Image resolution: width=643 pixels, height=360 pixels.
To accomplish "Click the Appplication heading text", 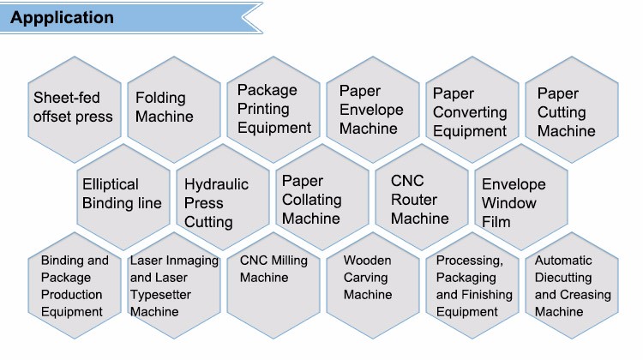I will (x=62, y=17).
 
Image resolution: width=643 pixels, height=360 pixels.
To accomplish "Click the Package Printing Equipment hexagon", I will (x=274, y=108).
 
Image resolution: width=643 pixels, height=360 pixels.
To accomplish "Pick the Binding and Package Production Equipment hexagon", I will (x=75, y=285).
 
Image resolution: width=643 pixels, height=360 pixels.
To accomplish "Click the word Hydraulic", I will (x=216, y=184).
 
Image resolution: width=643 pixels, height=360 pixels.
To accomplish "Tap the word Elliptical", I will (x=110, y=183).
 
